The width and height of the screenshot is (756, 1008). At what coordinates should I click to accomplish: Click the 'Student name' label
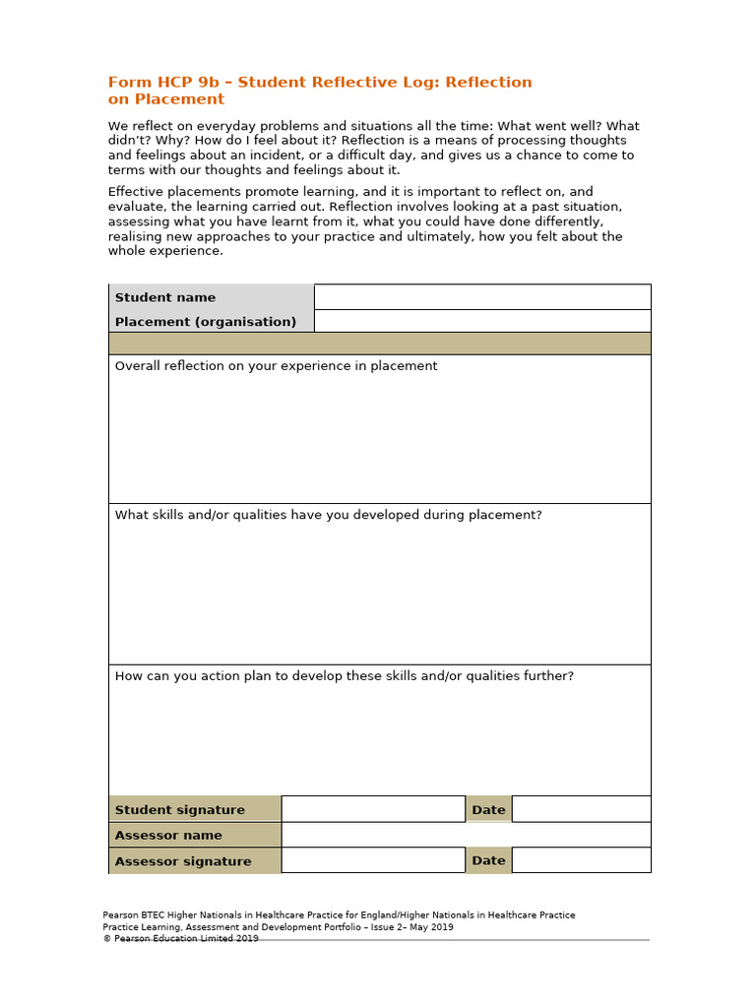click(x=165, y=297)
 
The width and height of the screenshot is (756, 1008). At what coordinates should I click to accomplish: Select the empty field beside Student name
click(x=481, y=297)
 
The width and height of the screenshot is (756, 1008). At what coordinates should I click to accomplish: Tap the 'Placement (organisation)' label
click(x=206, y=322)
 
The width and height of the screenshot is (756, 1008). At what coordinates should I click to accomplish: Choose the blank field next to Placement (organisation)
click(x=481, y=322)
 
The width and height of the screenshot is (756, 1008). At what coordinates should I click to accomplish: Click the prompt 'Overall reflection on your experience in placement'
click(x=277, y=366)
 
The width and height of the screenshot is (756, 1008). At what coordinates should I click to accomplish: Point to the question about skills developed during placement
click(x=329, y=515)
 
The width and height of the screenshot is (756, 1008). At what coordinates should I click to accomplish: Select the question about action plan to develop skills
click(x=345, y=676)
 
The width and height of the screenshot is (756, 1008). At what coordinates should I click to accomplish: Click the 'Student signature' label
click(x=180, y=810)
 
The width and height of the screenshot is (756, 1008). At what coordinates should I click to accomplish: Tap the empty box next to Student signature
click(x=372, y=809)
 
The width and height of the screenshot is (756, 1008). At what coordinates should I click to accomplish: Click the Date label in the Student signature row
click(x=488, y=810)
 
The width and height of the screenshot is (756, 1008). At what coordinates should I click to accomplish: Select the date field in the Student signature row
click(x=581, y=809)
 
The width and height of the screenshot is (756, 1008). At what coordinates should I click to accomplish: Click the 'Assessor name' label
click(x=168, y=836)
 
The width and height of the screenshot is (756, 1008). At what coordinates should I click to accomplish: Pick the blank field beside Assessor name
click(x=466, y=835)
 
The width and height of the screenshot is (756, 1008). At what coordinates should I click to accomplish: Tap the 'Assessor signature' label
click(x=183, y=861)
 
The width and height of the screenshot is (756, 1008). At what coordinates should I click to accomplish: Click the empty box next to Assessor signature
click(x=372, y=860)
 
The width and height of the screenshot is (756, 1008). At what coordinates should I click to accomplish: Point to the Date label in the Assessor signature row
click(x=488, y=860)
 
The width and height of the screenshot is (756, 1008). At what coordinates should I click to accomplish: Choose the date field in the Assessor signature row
click(x=581, y=860)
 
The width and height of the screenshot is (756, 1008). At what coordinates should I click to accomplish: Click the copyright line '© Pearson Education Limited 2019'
click(x=181, y=939)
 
